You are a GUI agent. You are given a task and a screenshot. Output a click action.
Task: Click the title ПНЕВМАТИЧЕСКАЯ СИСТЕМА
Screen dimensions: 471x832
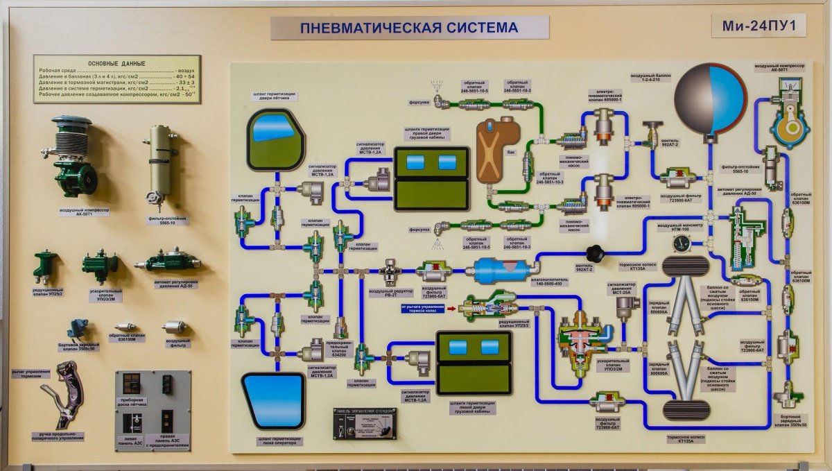409,28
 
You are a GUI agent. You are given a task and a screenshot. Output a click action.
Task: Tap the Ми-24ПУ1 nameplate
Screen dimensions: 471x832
763,26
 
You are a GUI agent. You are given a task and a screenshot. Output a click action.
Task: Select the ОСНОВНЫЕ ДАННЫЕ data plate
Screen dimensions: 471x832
116,79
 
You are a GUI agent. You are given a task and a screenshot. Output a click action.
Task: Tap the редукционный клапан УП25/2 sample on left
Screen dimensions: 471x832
45,266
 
